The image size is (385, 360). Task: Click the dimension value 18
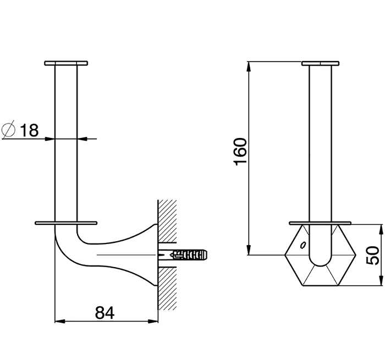coord(29,130)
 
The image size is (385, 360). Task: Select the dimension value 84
coord(105,313)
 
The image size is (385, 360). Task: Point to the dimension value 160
coord(240,152)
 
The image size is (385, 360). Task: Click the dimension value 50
coord(372,255)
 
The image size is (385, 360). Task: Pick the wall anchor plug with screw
coord(183,255)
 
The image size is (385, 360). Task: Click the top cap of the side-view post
coord(66,63)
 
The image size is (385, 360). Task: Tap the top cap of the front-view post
coord(321,63)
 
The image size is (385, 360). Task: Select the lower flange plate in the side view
coord(66,223)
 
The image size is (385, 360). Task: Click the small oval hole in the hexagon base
coord(303,245)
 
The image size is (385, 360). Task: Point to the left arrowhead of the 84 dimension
coord(59,321)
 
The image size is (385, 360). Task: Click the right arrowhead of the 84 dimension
coord(153,321)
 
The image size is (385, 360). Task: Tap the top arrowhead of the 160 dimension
coord(249,67)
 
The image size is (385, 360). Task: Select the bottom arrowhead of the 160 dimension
coord(249,250)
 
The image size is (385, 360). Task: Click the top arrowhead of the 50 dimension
coord(381,229)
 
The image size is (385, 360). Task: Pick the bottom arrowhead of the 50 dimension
coord(381,280)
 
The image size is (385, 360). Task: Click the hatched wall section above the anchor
coord(167,221)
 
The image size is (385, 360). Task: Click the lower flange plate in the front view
coord(320,223)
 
